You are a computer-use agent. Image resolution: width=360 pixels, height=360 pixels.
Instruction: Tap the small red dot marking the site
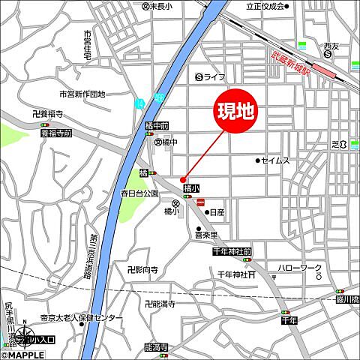pyautogui.click(x=183, y=178)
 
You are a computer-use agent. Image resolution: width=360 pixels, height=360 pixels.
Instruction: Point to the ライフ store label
pyautogui.click(x=211, y=76)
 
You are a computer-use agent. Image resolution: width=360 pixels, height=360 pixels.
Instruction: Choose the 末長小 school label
pyautogui.click(x=157, y=6)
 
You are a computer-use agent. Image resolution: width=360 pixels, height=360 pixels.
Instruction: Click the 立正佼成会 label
pyautogui.click(x=265, y=6)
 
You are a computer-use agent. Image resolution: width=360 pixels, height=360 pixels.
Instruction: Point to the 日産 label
pyautogui.click(x=217, y=213)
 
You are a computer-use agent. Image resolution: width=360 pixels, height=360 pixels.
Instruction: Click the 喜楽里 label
pyautogui.click(x=206, y=235)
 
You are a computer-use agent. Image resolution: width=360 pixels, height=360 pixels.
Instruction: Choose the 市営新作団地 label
pyautogui.click(x=82, y=94)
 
